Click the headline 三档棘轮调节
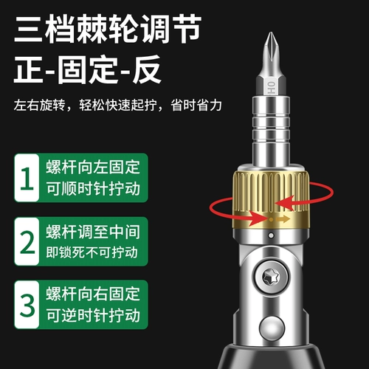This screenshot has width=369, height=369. pos(108,29)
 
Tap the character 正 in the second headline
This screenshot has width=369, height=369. pos(29,69)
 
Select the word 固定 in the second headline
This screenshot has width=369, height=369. pos(88,69)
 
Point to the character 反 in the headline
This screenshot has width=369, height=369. pos(147,69)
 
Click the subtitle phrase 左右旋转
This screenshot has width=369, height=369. pos(39,105)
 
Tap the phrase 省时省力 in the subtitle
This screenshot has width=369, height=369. pos(196,105)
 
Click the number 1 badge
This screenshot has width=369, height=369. pos(27,178)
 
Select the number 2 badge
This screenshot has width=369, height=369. pos(27,241)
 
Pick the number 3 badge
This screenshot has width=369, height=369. pos(27,305)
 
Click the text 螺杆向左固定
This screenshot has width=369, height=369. pos(93,168)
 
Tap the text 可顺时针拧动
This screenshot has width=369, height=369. pos(93,189)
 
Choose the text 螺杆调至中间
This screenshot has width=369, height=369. pos(93,232)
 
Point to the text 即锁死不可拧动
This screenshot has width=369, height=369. pos(92,252)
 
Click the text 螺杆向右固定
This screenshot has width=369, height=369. pos(93,294)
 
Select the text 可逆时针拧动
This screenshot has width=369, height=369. pos(93,315)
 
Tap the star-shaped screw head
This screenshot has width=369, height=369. pos(271,277)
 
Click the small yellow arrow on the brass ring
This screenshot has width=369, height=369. pos(283,218)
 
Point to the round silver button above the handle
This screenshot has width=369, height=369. pos(272,328)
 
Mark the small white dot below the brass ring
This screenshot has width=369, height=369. pos(271,235)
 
